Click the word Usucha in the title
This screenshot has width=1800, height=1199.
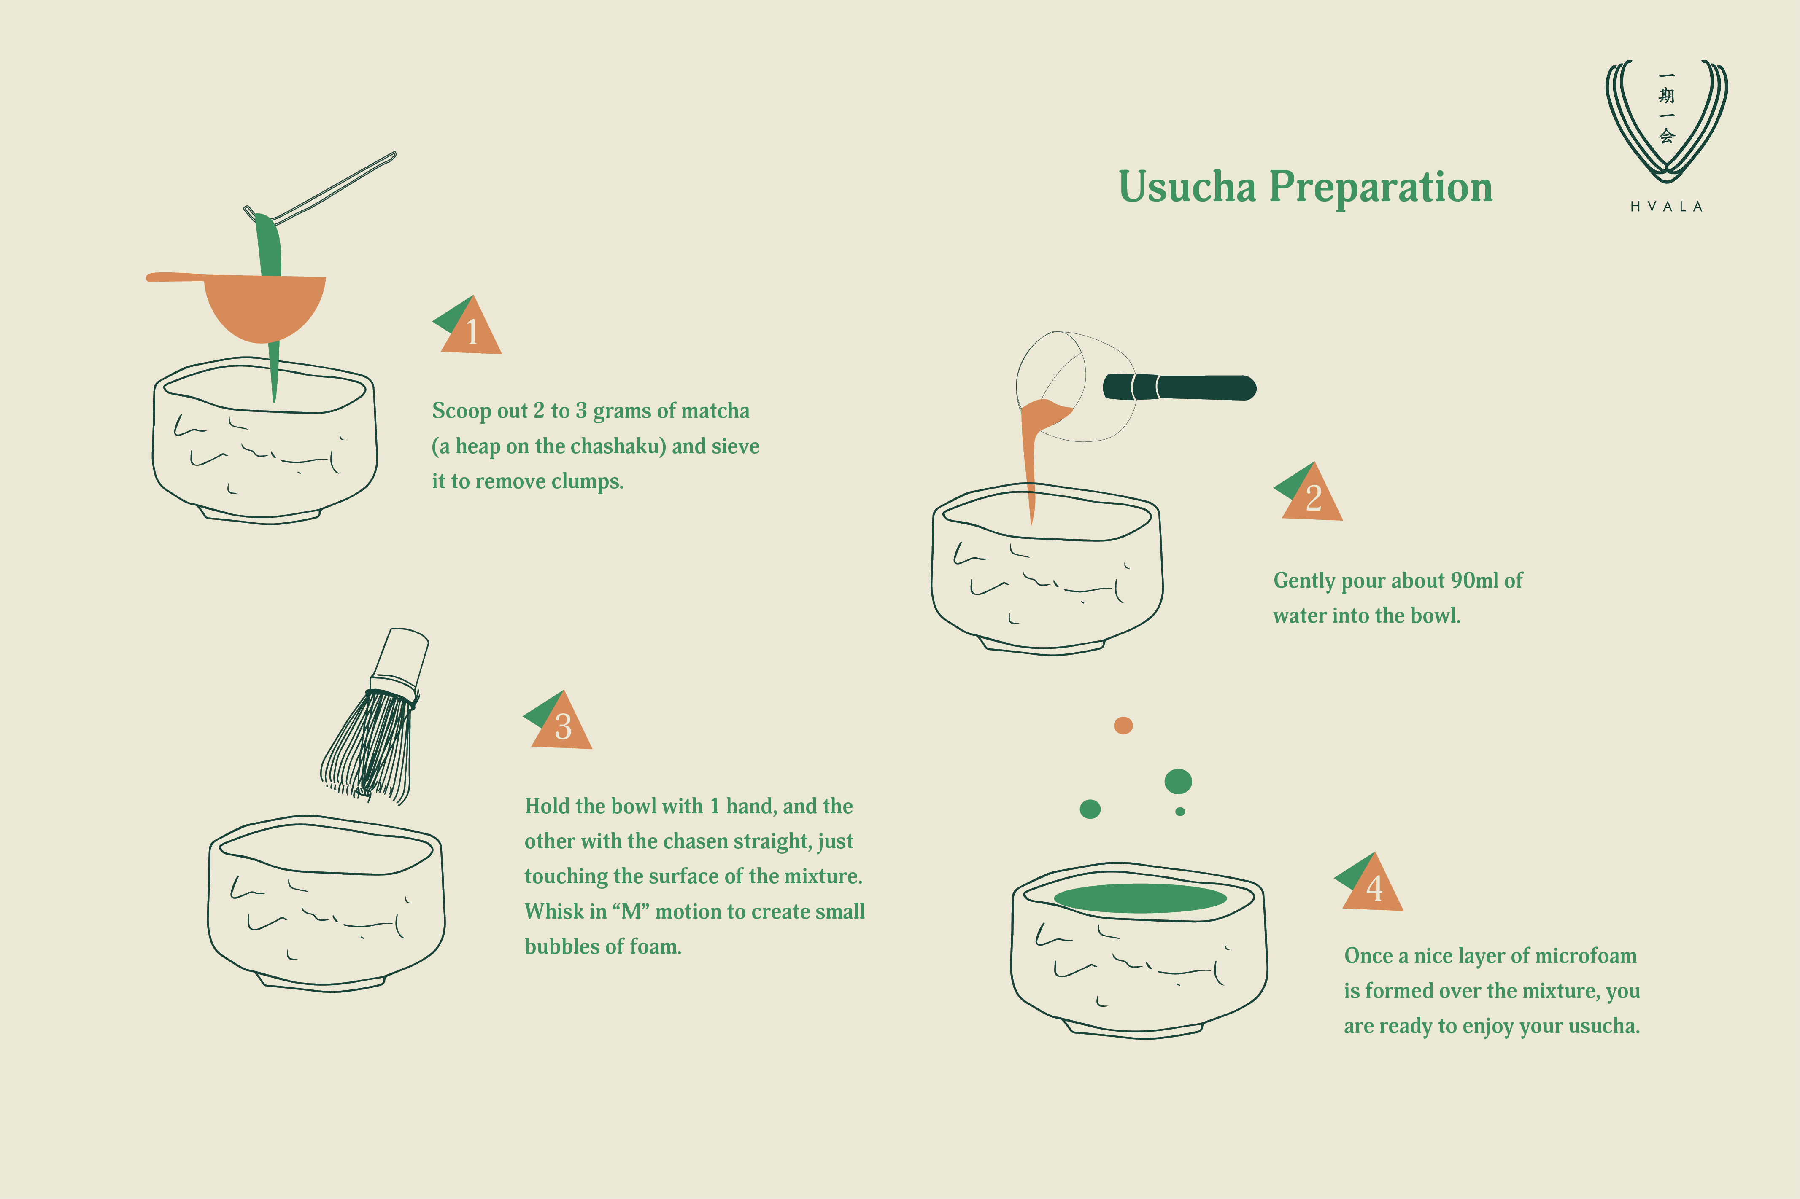click(1187, 187)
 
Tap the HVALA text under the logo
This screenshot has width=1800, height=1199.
click(1666, 207)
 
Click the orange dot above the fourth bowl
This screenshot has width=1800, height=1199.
click(1123, 725)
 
